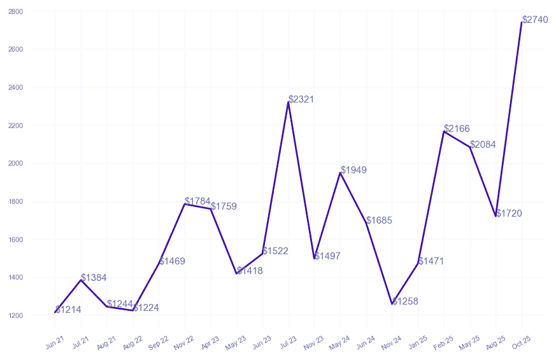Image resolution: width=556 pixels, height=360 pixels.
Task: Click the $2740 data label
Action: point(535,20)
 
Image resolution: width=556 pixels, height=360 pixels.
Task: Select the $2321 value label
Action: point(301,99)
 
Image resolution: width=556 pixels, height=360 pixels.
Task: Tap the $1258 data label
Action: point(405,301)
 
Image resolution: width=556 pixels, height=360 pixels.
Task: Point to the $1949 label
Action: point(353,170)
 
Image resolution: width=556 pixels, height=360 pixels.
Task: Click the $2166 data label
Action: point(457,129)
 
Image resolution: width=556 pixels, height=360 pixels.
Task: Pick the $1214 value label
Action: point(68,310)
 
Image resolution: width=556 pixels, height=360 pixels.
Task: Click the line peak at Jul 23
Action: point(289,102)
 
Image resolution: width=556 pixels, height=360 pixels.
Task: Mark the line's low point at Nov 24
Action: point(392,304)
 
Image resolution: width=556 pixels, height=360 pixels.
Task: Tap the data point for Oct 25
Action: point(522,22)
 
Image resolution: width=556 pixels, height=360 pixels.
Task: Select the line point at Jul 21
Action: point(82,280)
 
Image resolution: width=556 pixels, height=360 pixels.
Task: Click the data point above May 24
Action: point(340,173)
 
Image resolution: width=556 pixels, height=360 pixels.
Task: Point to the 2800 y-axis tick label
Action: point(17,12)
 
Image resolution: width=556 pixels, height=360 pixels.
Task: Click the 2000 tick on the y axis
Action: point(17,164)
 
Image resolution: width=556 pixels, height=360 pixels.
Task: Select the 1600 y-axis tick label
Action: point(17,240)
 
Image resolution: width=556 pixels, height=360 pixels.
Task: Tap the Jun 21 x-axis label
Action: point(55,343)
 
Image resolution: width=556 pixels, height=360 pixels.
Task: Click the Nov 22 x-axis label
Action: point(184,343)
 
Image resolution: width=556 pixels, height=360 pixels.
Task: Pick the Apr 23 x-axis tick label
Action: point(210,343)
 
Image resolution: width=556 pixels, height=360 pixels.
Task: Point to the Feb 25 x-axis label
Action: point(443,343)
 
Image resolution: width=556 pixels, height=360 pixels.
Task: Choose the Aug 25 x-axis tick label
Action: point(495,343)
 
